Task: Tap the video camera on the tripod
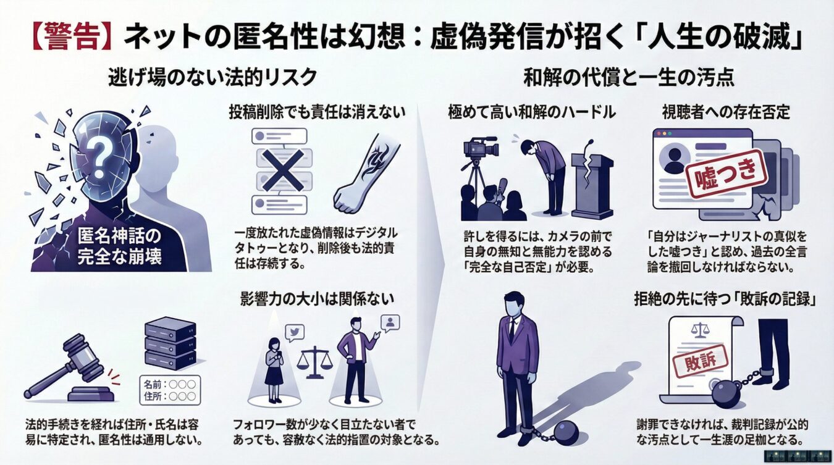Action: pos(479,148)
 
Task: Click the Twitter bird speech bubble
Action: pos(294,332)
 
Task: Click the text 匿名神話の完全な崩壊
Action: pos(120,246)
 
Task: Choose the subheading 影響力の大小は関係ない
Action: pos(317,298)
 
